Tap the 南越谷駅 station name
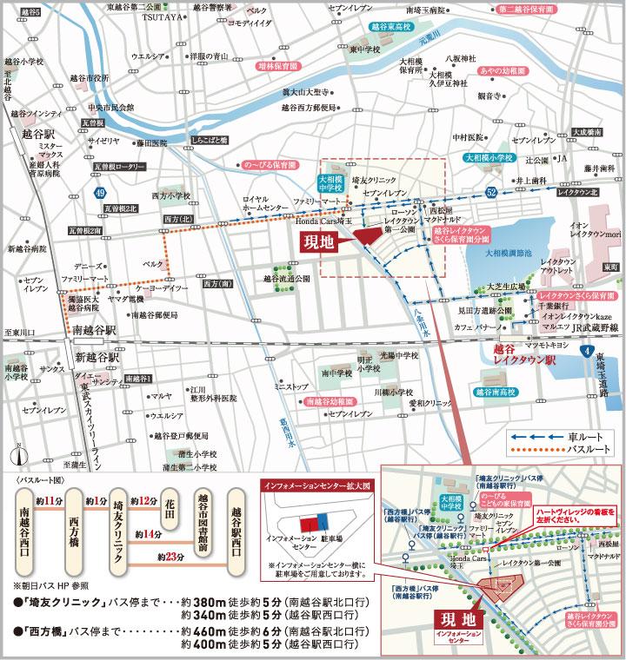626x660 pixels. (x=96, y=330)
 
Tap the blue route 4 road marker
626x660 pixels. (x=587, y=350)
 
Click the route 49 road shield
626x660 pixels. (x=102, y=192)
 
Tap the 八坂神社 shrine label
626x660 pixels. (x=462, y=58)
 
